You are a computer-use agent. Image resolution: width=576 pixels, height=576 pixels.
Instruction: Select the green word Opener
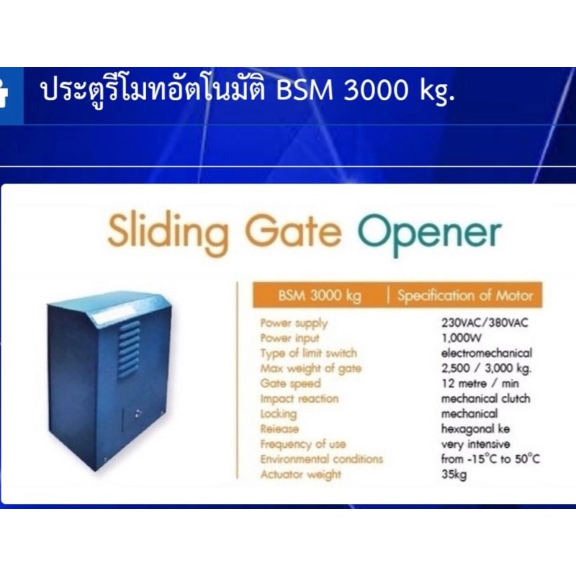pos(429,233)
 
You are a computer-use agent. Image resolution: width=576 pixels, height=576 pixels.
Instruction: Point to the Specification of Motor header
pos(465,295)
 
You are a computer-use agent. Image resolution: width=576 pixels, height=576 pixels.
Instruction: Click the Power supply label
pos(294,323)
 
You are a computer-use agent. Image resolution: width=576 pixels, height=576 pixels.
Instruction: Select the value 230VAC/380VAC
pos(485,323)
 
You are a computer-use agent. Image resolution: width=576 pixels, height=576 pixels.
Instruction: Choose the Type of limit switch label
pos(308,353)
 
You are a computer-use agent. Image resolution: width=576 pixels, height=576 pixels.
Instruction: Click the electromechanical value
pos(486,353)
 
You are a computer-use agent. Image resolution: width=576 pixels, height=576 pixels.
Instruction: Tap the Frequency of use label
pos(303,444)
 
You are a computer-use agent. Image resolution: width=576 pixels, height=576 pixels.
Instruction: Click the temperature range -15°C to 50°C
pos(490,459)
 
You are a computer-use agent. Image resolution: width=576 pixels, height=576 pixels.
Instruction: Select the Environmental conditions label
pos(322,459)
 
